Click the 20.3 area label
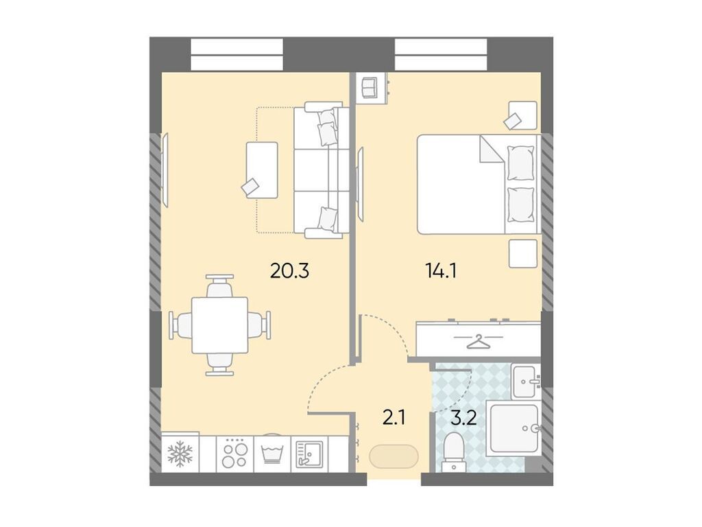(290, 271)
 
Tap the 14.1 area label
(441, 271)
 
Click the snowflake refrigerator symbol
(180, 454)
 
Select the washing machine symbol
(272, 454)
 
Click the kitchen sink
(310, 454)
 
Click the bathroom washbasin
(526, 381)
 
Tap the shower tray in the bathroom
(514, 429)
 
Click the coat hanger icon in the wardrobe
(480, 340)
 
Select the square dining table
(219, 325)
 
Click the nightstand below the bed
(522, 254)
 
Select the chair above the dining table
(219, 286)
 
